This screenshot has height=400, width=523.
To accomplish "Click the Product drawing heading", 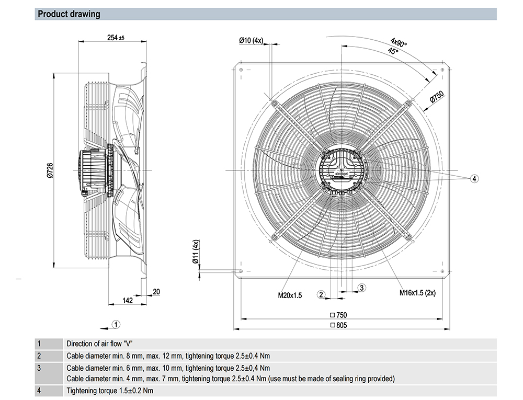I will click(69, 14).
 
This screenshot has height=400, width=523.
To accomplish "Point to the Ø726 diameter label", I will click(50, 170).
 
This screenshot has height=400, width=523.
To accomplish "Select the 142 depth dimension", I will click(127, 301).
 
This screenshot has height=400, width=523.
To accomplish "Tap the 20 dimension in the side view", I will click(156, 292).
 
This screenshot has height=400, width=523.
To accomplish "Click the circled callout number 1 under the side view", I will click(117, 324).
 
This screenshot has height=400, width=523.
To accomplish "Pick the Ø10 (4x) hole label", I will click(251, 41).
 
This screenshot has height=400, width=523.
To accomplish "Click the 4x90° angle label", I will click(399, 42).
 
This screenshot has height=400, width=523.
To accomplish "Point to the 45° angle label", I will click(393, 51).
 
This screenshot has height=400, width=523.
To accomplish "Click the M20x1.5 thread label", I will click(290, 295).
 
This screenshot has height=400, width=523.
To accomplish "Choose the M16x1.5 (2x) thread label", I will click(418, 293).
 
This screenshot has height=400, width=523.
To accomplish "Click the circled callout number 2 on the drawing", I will click(322, 294).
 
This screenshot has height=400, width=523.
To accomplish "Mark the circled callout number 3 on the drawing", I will click(361, 288).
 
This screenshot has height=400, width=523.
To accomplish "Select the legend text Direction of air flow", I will click(98, 344).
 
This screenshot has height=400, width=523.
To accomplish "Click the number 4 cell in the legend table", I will click(39, 390).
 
